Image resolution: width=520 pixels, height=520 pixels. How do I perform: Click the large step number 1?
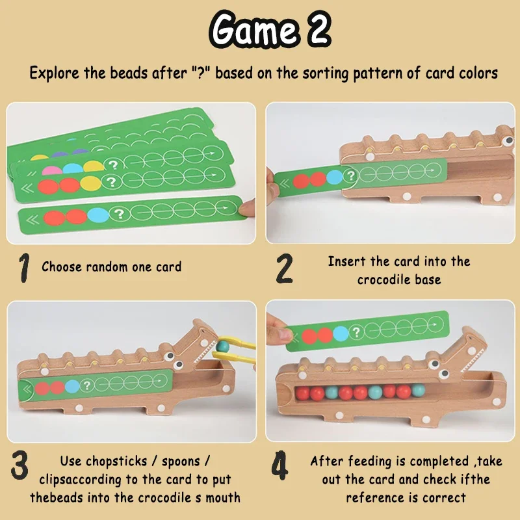24,268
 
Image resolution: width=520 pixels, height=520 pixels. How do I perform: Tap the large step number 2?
285,268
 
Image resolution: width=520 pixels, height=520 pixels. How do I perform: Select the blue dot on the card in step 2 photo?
334,177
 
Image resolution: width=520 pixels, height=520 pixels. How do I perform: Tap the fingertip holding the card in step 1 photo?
245,207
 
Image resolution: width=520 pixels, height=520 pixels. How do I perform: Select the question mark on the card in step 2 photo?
351,175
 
